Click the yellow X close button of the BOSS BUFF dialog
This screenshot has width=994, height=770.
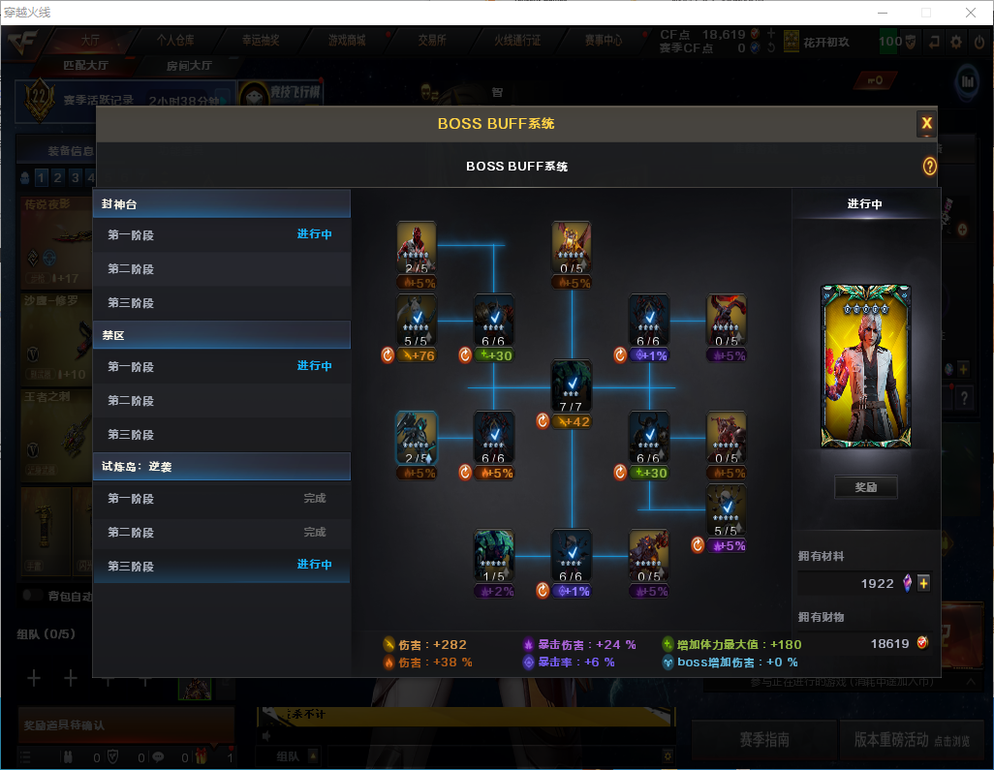point(926,123)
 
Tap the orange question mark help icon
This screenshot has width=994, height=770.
point(929,167)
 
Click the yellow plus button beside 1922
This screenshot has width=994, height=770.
point(923,583)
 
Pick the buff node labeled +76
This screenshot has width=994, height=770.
point(417,320)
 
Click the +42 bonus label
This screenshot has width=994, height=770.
point(572,421)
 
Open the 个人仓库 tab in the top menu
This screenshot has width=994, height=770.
point(175,41)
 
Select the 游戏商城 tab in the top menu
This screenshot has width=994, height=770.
point(346,41)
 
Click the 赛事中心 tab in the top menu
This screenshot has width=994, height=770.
point(603,41)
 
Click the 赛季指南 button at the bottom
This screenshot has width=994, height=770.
point(763,740)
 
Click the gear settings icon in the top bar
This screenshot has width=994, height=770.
point(955,42)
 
